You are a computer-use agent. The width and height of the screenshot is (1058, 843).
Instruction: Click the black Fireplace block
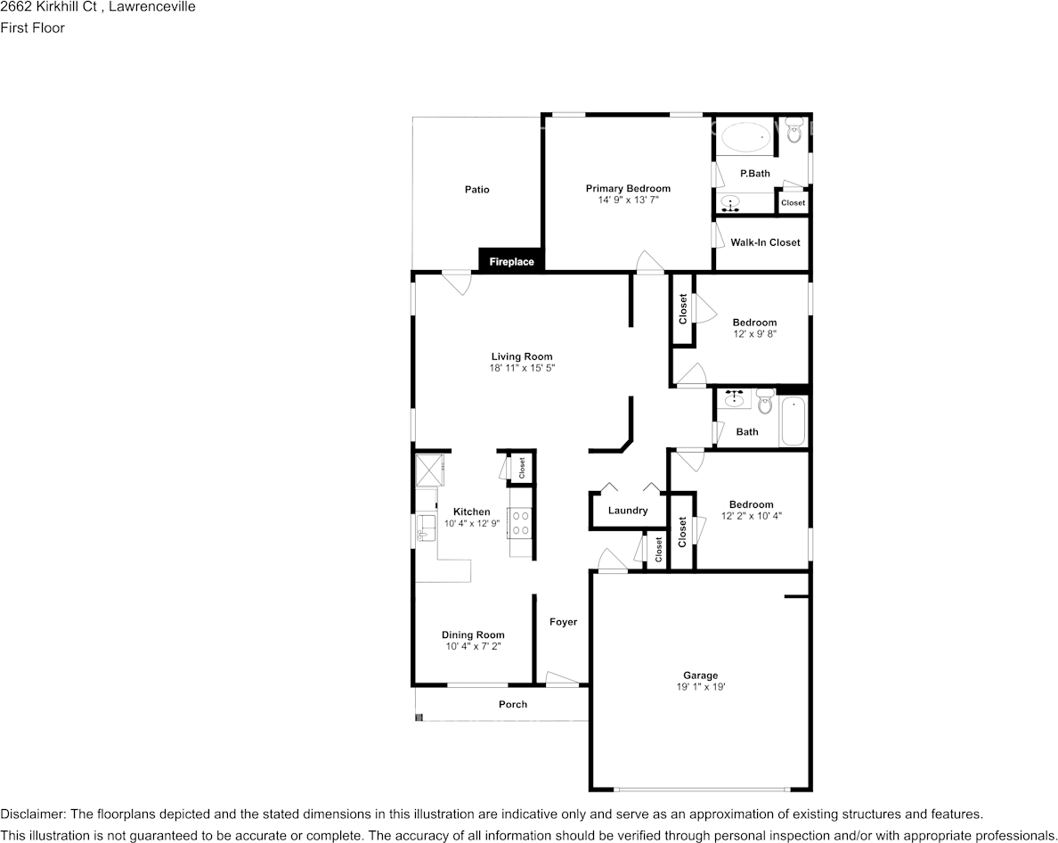pyautogui.click(x=511, y=260)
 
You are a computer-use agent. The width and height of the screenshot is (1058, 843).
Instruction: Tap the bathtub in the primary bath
pyautogui.click(x=746, y=138)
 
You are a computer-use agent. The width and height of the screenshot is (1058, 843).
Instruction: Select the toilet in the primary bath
pyautogui.click(x=793, y=129)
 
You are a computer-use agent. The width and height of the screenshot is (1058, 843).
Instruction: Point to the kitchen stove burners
pyautogui.click(x=520, y=522)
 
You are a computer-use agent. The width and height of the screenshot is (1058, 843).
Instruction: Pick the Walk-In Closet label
pyautogui.click(x=765, y=242)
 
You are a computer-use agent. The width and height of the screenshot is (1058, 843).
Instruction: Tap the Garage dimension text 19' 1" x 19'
pyautogui.click(x=700, y=687)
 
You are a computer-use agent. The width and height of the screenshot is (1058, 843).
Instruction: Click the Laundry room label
pyautogui.click(x=628, y=511)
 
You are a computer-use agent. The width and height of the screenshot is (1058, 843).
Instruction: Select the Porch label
pyautogui.click(x=513, y=704)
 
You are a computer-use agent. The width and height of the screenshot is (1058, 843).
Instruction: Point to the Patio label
pyautogui.click(x=477, y=190)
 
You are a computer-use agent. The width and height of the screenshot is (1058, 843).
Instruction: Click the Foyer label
pyautogui.click(x=564, y=622)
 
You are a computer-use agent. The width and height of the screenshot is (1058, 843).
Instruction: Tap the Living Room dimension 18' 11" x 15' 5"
pyautogui.click(x=522, y=368)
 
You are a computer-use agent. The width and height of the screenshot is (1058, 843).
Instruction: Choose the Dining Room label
pyautogui.click(x=473, y=634)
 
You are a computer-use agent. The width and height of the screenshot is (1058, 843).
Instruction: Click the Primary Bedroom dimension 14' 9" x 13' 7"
pyautogui.click(x=628, y=200)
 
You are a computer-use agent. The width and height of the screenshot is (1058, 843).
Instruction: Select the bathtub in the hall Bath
pyautogui.click(x=793, y=421)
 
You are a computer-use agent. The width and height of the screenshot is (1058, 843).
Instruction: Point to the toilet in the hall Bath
pyautogui.click(x=764, y=402)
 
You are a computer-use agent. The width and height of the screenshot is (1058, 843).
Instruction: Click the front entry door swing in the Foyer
pyautogui.click(x=562, y=679)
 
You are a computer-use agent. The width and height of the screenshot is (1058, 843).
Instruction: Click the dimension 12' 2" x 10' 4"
pyautogui.click(x=751, y=516)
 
